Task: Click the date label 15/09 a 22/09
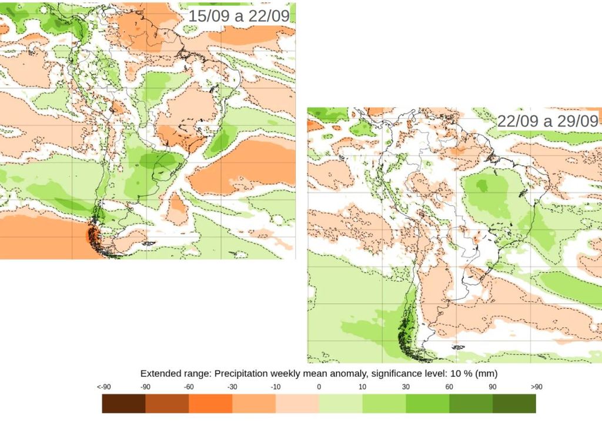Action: (239, 16)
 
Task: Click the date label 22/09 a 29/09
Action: (548, 121)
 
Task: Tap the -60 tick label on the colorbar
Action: (189, 387)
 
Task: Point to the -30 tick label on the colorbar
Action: (232, 387)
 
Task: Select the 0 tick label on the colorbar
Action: (319, 387)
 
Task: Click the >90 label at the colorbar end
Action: (536, 387)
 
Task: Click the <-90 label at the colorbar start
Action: (103, 387)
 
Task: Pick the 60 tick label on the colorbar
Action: (449, 387)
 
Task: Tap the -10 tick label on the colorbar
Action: (276, 387)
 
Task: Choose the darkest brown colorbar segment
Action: (123, 403)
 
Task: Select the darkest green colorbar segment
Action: (514, 403)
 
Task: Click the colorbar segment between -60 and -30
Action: (210, 403)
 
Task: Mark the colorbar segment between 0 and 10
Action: (340, 403)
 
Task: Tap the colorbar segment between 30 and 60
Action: (427, 403)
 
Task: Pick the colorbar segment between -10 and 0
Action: (297, 403)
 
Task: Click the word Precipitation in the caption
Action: (240, 373)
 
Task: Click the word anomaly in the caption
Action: (352, 373)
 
